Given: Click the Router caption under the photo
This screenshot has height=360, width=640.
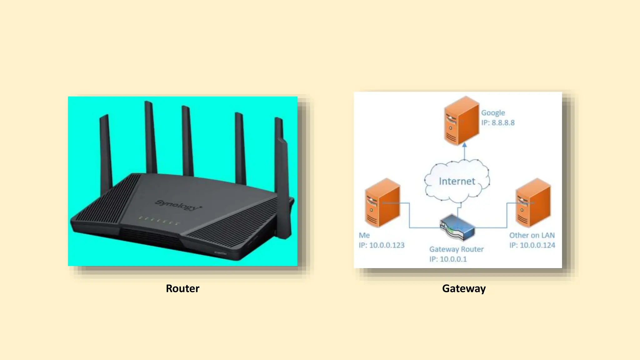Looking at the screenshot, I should pos(182,288).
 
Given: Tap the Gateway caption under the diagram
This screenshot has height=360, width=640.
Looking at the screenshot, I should pos(464,288).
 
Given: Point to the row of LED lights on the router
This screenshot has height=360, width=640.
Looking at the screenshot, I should pos(159,221).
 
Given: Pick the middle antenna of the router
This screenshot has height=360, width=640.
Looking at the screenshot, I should pos(187,141).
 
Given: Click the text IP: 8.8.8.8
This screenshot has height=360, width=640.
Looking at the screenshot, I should pos(498,123).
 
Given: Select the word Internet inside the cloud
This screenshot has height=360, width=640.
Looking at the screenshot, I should pos(457,181).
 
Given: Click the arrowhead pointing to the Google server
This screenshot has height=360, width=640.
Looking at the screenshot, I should pos(464,145).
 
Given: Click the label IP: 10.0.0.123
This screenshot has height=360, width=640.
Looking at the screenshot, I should pos(382,245).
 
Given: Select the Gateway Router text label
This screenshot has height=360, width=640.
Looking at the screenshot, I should pos(456,249).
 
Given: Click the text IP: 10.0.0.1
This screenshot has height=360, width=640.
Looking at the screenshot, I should pos(448,259).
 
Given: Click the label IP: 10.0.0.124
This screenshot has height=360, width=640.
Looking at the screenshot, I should pos(532,245).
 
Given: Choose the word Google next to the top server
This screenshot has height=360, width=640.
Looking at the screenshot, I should pos(493,113).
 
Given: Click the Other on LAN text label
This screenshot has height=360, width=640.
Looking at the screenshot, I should pos(532,235).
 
